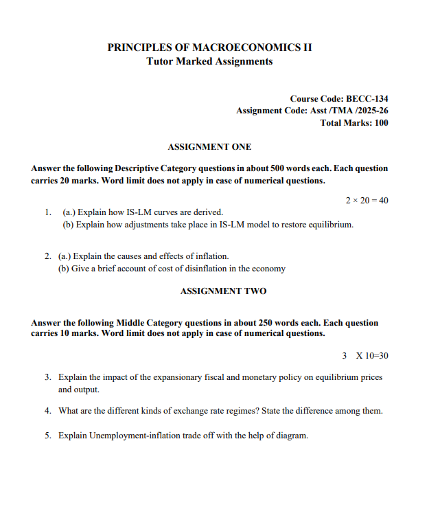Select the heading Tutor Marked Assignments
click(x=209, y=61)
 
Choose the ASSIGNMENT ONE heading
click(x=209, y=147)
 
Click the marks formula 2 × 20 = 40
click(x=367, y=200)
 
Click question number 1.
click(x=48, y=213)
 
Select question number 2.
click(x=48, y=256)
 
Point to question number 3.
click(x=48, y=377)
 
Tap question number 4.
click(x=48, y=411)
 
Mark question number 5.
click(x=48, y=436)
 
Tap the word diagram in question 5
click(x=291, y=436)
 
